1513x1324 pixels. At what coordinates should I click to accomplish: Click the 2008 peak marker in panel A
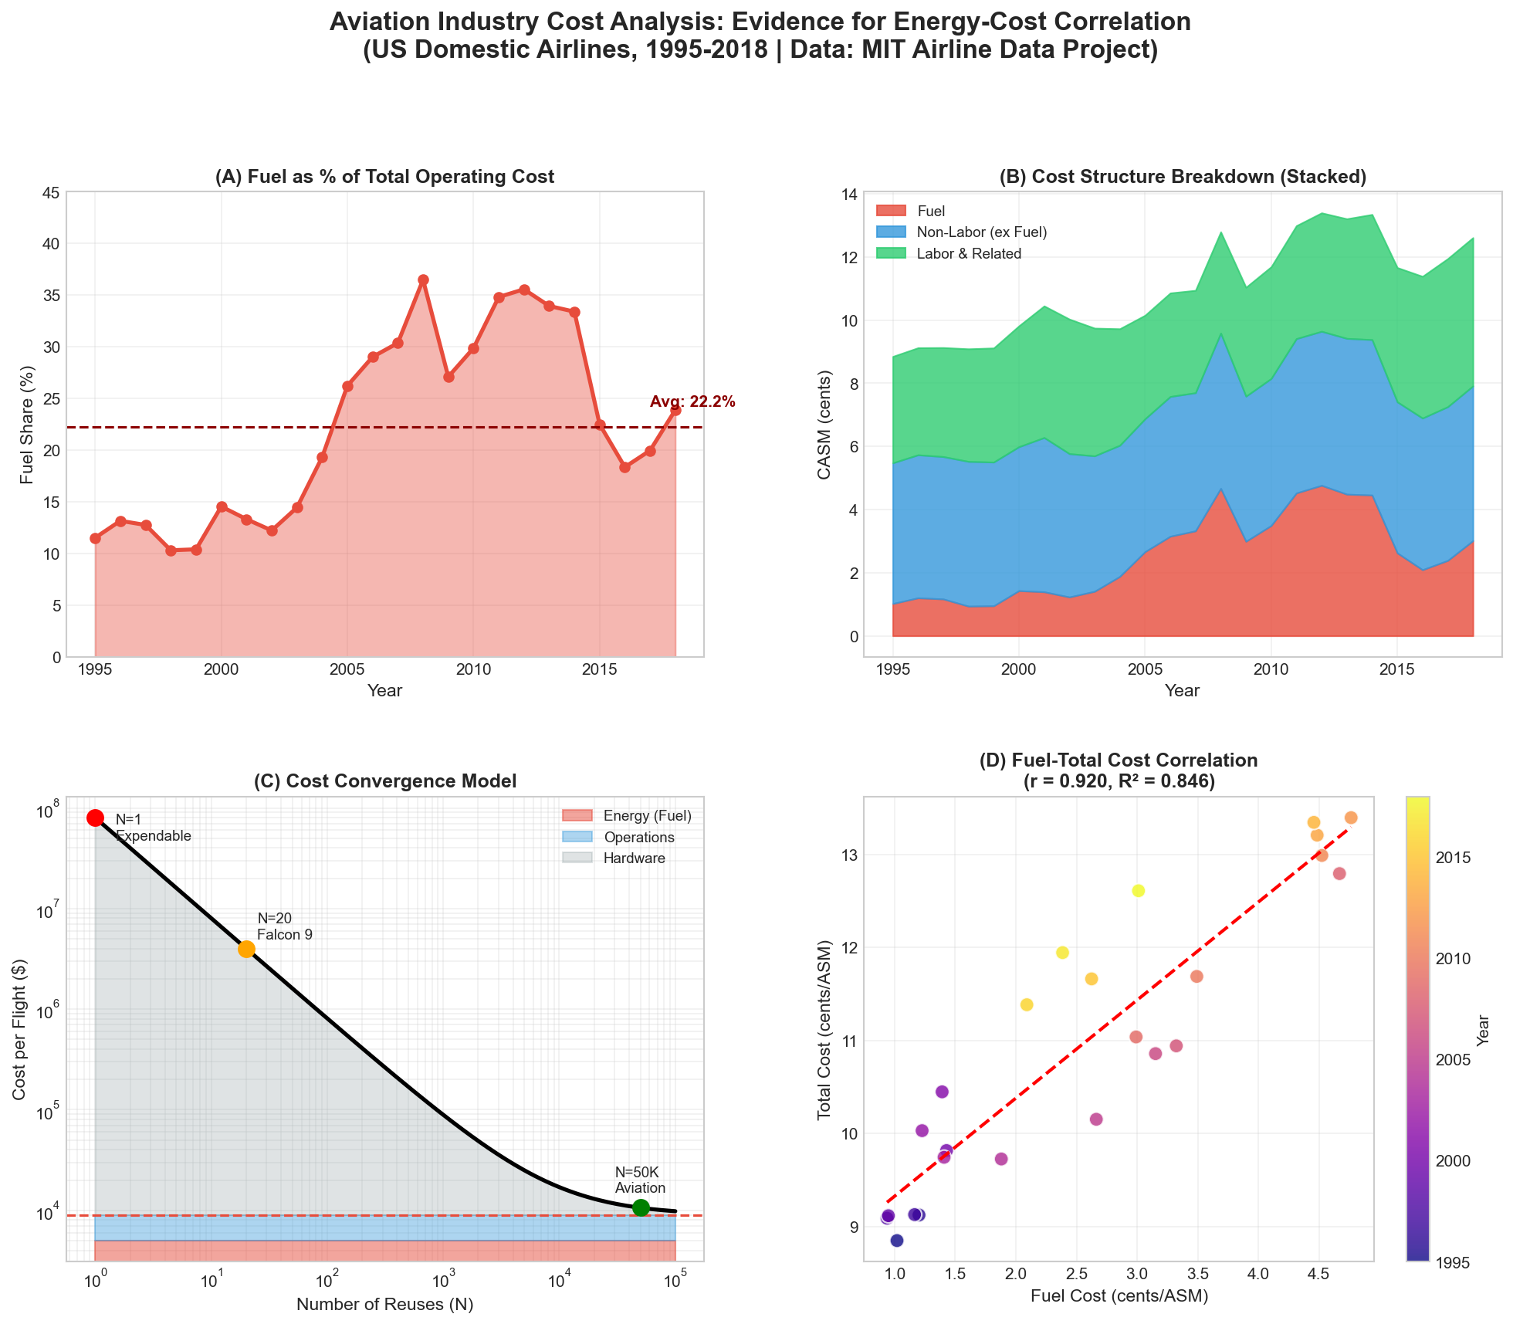423,279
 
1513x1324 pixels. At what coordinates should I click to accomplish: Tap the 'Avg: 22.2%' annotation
692,401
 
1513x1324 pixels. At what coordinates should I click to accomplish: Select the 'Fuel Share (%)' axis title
28,424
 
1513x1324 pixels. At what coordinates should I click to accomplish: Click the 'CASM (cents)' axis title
824,424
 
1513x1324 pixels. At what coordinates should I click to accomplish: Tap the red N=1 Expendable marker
95,818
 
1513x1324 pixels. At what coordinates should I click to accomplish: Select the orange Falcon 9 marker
246,949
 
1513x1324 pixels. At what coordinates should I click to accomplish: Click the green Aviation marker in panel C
641,1207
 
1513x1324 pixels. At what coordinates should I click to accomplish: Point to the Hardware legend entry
634,858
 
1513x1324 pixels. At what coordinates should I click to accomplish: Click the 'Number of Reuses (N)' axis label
384,1305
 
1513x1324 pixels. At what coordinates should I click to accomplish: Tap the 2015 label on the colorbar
1451,858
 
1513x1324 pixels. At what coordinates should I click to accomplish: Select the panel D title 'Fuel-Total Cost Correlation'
1119,760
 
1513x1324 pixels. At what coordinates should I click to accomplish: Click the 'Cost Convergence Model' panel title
384,781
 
